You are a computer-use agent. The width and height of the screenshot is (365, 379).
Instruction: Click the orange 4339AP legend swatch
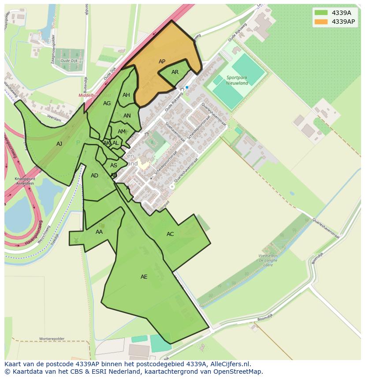pyautogui.click(x=321, y=22)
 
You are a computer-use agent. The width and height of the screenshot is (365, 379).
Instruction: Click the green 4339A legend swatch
pyautogui.click(x=321, y=13)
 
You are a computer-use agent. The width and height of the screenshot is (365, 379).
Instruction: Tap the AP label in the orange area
pyautogui.click(x=162, y=62)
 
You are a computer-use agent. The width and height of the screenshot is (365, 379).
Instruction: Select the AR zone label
pyautogui.click(x=175, y=72)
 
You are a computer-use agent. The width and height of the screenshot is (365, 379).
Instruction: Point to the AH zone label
pyautogui.click(x=126, y=95)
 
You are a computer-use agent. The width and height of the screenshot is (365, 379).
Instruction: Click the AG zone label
pyautogui.click(x=107, y=103)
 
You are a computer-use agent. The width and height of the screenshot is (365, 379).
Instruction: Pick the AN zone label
pyautogui.click(x=127, y=116)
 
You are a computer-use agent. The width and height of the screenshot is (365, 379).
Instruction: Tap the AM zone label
pyautogui.click(x=122, y=132)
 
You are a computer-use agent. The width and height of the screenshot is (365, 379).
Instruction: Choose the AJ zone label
pyautogui.click(x=59, y=144)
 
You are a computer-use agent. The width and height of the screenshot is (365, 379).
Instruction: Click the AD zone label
pyautogui.click(x=94, y=176)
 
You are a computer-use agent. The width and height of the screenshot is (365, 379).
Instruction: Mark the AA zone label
pyautogui.click(x=99, y=232)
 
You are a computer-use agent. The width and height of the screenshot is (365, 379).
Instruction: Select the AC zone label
pyautogui.click(x=170, y=234)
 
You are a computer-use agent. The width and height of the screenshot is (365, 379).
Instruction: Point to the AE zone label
pyautogui.click(x=144, y=277)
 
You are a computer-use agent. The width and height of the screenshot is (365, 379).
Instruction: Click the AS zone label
pyautogui.click(x=114, y=166)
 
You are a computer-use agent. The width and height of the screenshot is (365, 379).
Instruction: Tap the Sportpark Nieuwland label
pyautogui.click(x=237, y=80)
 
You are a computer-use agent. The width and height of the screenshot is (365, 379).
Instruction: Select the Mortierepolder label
pyautogui.click(x=52, y=339)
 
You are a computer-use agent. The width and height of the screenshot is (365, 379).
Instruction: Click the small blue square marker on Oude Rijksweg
pyautogui.click(x=187, y=87)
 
